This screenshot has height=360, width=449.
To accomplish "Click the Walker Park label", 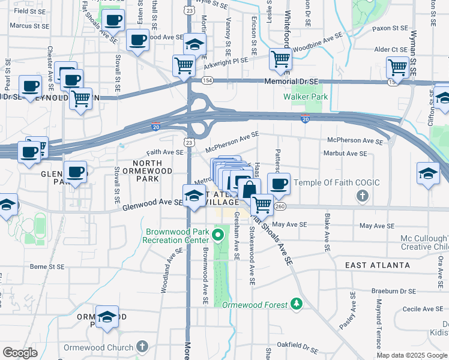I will [x=305, y=97].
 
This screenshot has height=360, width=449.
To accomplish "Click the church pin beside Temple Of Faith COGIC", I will [x=362, y=196].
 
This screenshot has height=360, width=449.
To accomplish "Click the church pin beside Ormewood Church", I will [x=142, y=347].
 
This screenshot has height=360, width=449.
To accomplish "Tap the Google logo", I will [x=20, y=353].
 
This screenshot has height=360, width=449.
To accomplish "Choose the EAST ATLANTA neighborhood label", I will [x=378, y=265].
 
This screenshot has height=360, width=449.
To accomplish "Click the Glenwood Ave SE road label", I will [x=152, y=203].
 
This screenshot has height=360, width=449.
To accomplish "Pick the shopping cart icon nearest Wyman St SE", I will [x=397, y=66].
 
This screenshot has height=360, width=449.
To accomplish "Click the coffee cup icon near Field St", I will [x=113, y=19].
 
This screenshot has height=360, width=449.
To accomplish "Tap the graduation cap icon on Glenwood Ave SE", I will [x=194, y=195].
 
